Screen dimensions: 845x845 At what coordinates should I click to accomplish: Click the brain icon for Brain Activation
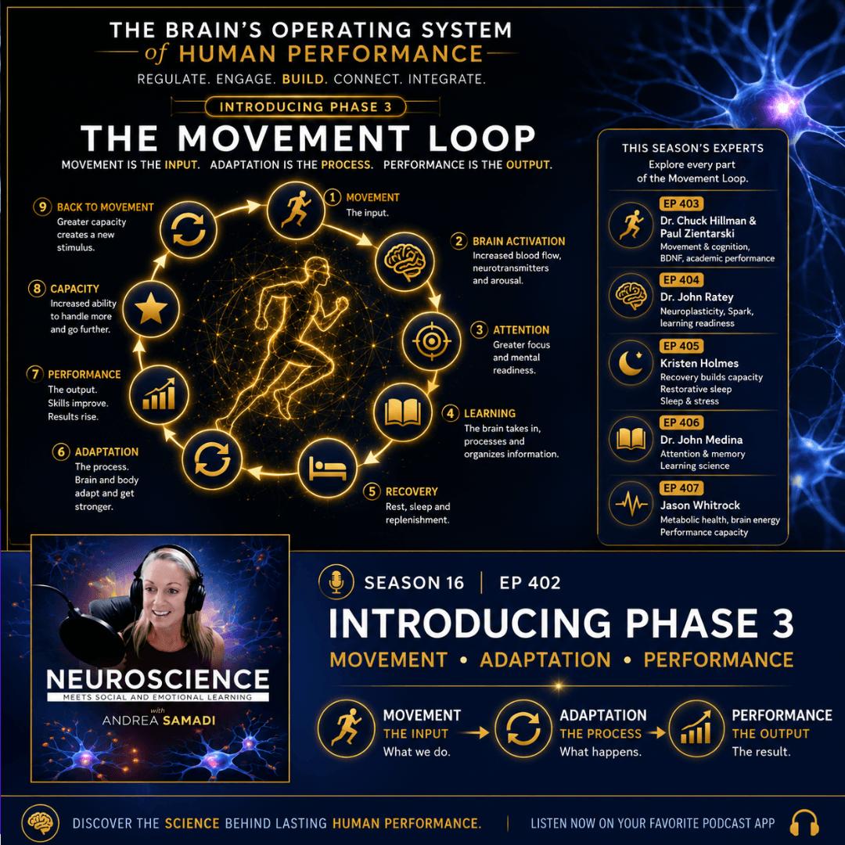pos(405,262)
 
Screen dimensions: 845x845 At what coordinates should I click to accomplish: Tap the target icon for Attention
pos(431,340)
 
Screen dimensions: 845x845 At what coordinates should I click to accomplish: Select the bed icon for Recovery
pos(327,468)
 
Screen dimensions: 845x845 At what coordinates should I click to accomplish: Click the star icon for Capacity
pos(151,309)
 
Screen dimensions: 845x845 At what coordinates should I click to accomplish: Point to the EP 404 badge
pos(681,279)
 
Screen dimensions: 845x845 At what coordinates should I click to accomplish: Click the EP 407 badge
pos(681,487)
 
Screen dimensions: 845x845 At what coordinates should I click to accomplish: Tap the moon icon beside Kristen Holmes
pos(631,363)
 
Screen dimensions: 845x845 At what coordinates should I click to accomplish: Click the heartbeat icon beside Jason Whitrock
pos(631,504)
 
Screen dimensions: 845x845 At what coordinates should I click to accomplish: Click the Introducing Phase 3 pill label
pos(306,106)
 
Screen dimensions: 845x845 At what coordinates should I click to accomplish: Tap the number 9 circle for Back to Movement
pos(42,207)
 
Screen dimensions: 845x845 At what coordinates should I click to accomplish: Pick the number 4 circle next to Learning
pos(450,413)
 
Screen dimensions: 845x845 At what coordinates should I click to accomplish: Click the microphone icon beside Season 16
pos(336,582)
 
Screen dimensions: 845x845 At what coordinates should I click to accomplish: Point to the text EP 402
pos(530,583)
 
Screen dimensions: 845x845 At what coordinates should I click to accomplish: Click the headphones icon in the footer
pos(804,823)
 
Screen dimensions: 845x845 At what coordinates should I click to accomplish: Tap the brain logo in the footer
pos(41,823)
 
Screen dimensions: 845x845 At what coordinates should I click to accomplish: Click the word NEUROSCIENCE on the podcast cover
pos(158,680)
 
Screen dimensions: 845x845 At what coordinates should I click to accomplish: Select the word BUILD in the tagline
pos(304,79)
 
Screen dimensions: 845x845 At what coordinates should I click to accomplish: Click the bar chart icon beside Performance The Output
pos(696,728)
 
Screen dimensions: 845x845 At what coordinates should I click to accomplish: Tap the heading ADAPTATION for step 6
pos(106,451)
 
